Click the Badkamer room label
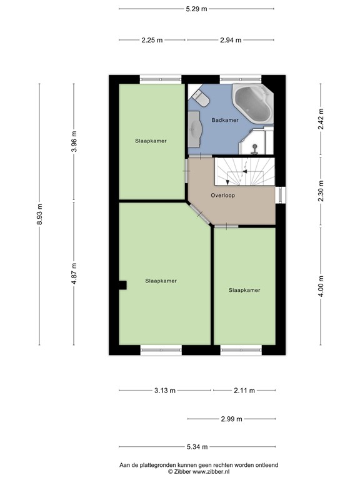click(x=224, y=120)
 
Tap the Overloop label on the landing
click(x=222, y=195)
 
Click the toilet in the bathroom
click(x=201, y=97)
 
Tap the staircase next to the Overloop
click(x=244, y=171)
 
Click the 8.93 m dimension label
click(x=40, y=214)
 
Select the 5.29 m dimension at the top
click(x=196, y=9)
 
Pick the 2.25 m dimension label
click(x=152, y=40)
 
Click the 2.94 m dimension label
click(x=231, y=40)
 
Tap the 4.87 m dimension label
click(x=74, y=274)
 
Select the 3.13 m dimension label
click(x=165, y=391)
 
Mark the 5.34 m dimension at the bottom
click(x=196, y=447)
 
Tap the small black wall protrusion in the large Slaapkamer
click(x=123, y=285)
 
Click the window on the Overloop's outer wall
click(x=281, y=195)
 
